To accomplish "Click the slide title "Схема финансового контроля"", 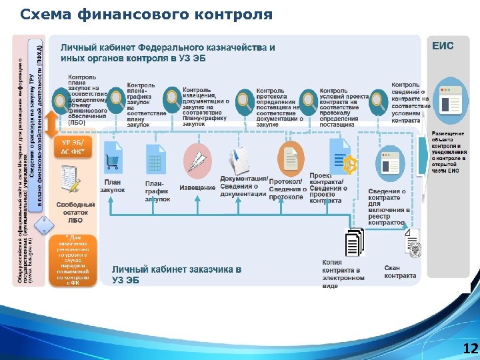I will (147, 14).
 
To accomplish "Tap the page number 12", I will (470, 349).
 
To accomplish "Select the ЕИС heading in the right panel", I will (443, 46).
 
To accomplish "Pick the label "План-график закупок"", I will (157, 191).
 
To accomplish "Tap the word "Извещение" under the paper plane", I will (197, 188).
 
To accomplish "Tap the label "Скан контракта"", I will (401, 271).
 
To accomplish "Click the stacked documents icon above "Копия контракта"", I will (353, 242).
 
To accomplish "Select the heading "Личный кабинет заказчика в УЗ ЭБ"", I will (177, 274).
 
